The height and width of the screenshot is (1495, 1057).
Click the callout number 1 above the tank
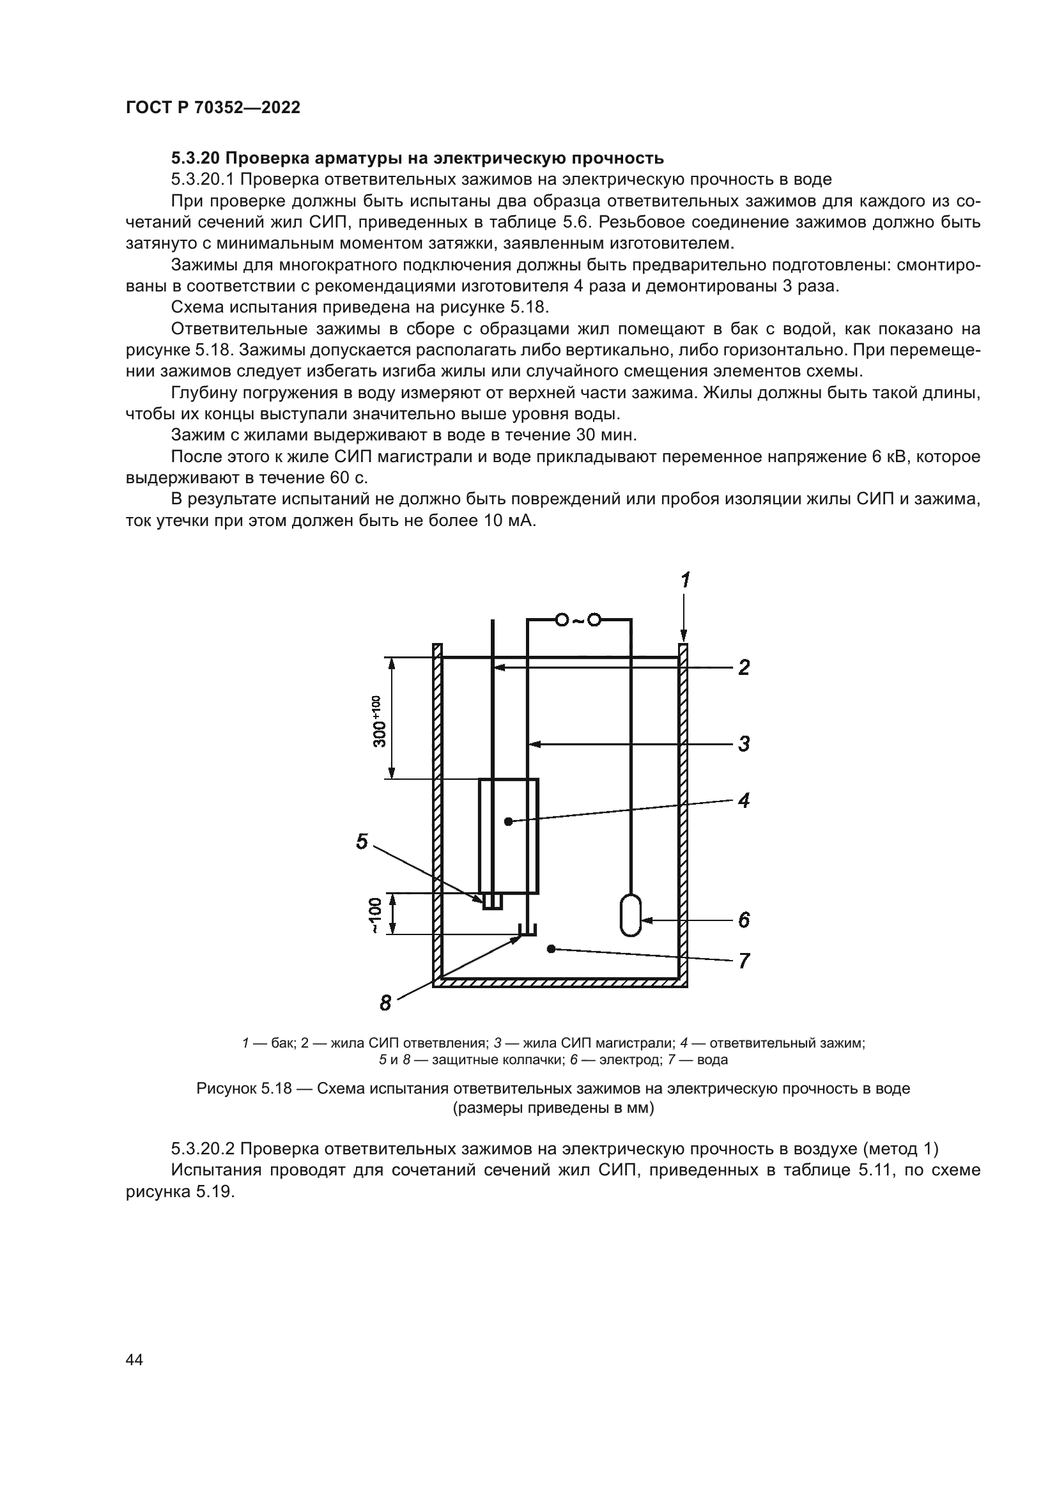click(x=685, y=580)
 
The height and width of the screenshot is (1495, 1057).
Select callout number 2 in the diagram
click(x=744, y=667)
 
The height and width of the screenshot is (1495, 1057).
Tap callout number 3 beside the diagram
click(x=744, y=743)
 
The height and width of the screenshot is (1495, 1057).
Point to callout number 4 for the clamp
click(x=744, y=800)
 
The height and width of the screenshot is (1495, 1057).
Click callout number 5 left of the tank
click(x=362, y=842)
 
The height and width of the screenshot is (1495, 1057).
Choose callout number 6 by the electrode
click(x=744, y=920)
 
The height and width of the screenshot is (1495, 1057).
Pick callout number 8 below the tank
click(x=385, y=1003)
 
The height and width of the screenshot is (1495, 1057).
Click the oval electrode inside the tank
click(x=631, y=915)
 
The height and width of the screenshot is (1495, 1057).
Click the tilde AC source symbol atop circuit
click(x=577, y=620)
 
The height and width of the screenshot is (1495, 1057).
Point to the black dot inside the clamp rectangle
click(x=508, y=822)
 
